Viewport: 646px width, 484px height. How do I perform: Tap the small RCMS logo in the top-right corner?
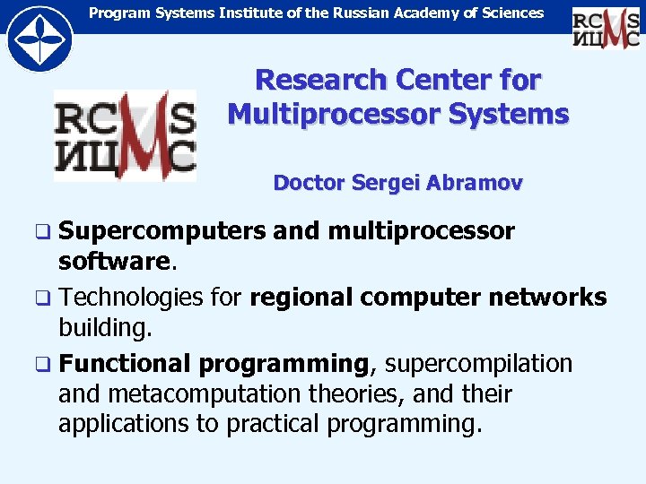point(606,26)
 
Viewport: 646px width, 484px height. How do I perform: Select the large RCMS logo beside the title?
point(125,134)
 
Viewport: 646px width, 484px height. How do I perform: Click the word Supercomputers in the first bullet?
point(161,231)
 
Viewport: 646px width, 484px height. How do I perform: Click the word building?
point(106,327)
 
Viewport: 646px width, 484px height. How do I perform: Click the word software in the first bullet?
point(113,262)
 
